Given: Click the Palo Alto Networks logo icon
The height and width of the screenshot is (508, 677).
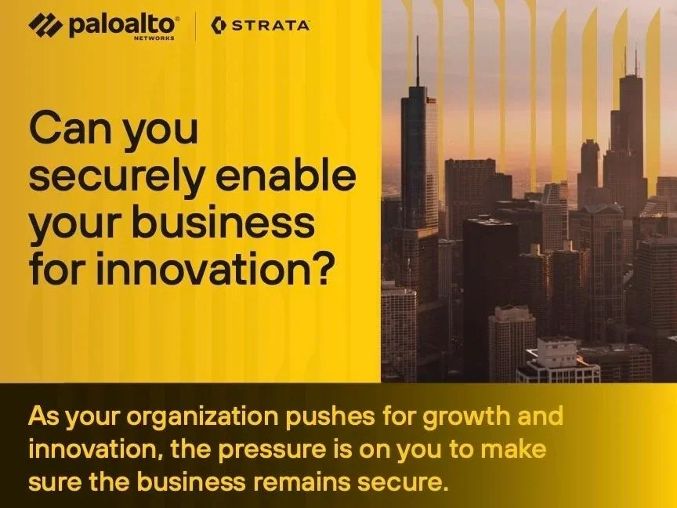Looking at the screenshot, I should (x=46, y=25).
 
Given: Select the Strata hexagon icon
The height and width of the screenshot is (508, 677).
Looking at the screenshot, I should (x=219, y=26).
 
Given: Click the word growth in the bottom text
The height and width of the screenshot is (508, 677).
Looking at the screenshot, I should (x=463, y=416).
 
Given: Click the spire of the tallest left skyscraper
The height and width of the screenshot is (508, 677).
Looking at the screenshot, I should (x=418, y=59).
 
